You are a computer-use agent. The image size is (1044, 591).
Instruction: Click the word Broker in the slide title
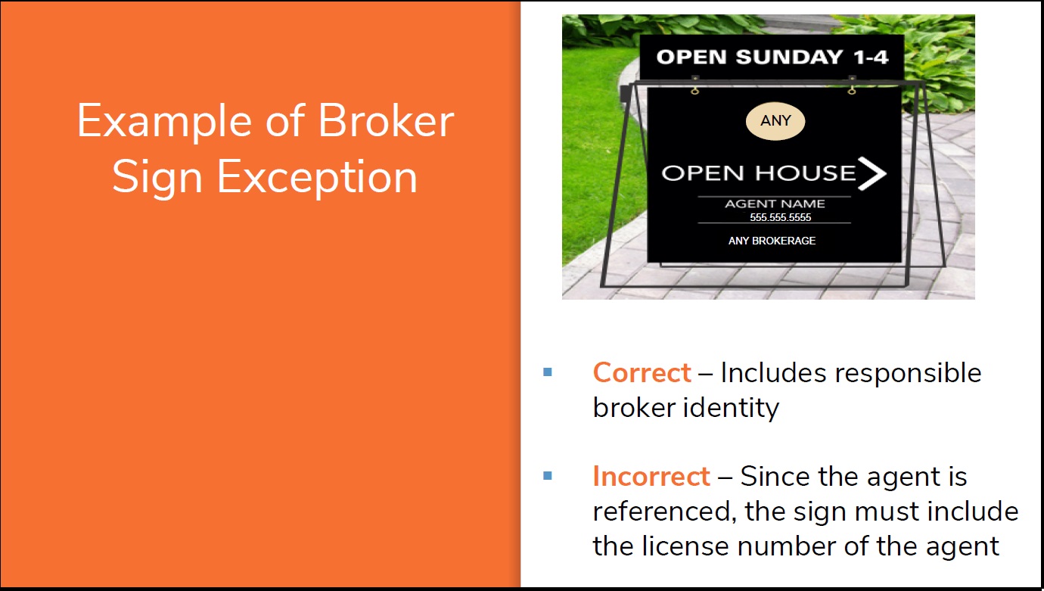pos(386,121)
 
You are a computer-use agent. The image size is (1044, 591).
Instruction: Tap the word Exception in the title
pos(317,177)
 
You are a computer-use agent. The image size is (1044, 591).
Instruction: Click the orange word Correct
pos(642,373)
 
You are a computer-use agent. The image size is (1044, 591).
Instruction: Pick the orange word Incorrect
pos(651,476)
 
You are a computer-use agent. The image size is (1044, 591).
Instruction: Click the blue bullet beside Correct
pos(548,372)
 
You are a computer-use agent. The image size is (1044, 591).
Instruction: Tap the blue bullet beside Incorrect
pos(548,476)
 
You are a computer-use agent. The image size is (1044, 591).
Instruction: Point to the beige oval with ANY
pos(775,121)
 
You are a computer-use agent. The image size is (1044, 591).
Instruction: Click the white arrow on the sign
pos(872,173)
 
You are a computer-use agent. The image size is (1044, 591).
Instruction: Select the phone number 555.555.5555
pos(780,217)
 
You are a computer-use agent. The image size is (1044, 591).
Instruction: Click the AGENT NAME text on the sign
pos(775,204)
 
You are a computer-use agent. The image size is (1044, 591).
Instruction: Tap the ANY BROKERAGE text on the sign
pos(772,241)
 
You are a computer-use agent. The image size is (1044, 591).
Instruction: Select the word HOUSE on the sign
pos(806,173)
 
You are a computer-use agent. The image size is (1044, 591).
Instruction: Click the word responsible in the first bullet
pos(908,374)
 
